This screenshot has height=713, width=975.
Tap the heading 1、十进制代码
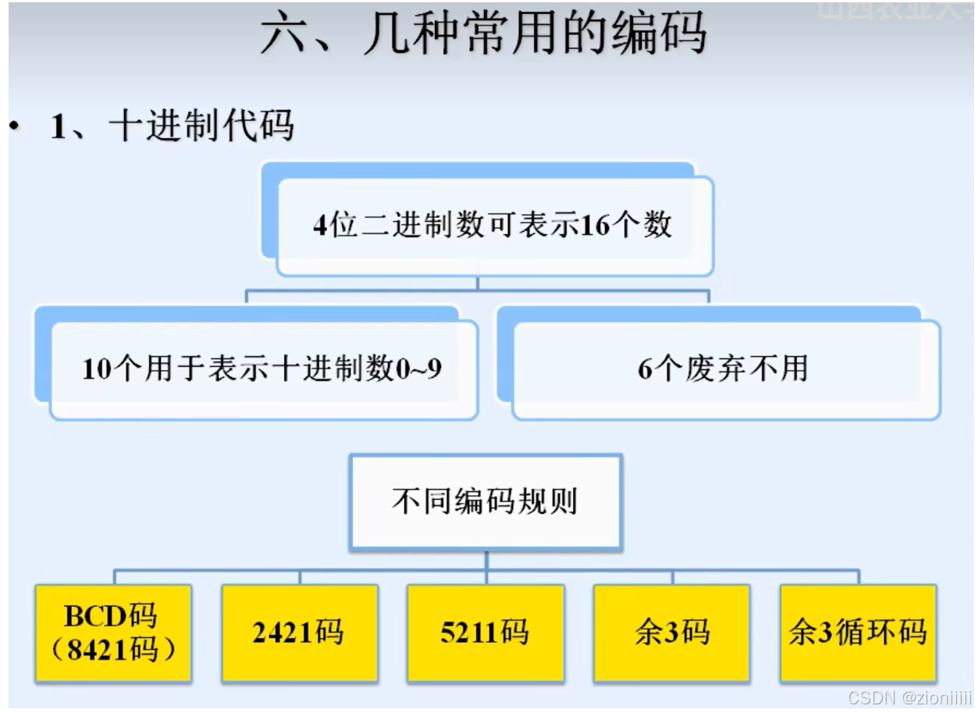coord(172,125)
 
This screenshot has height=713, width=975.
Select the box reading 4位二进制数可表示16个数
coord(493,225)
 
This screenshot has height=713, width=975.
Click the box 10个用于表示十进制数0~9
coord(262,368)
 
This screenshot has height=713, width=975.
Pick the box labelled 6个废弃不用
coord(722,368)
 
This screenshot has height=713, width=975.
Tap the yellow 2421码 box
coord(298,633)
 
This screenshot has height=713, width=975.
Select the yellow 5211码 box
coord(485,633)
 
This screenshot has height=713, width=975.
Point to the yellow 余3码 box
coord(672,633)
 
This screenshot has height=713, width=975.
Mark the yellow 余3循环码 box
coord(858,633)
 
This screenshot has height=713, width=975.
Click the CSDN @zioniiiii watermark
coord(909,697)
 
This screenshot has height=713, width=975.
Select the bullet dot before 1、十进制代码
coord(13,126)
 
